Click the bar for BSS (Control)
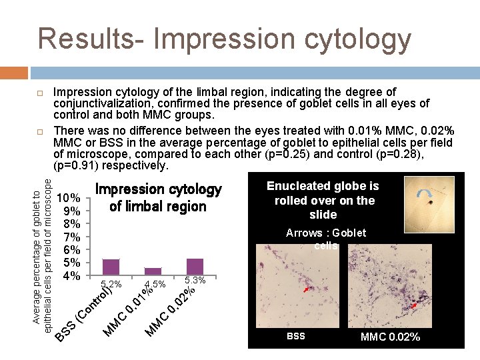(x=111, y=267)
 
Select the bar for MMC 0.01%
(x=153, y=271)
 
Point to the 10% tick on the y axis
(x=69, y=199)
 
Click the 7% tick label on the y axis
(x=71, y=237)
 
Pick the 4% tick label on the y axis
(x=71, y=275)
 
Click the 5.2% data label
(x=111, y=285)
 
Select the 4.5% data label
(x=155, y=285)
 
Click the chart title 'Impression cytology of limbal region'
(x=158, y=198)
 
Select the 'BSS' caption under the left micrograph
(x=295, y=337)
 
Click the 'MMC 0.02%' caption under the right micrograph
(x=390, y=337)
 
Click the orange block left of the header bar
(x=13, y=72)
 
